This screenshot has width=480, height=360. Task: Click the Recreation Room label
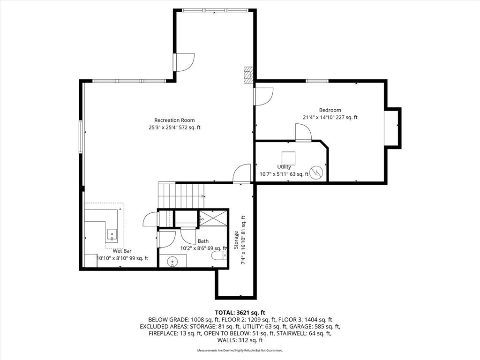[174, 120]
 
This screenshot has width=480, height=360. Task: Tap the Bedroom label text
[330, 110]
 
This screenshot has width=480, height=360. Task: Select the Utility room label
[284, 167]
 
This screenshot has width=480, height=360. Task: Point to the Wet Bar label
[122, 251]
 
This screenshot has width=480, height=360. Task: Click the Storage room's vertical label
[236, 240]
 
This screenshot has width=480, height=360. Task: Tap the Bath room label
[203, 241]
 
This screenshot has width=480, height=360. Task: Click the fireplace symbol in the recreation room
[248, 75]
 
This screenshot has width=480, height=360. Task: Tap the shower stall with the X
[213, 218]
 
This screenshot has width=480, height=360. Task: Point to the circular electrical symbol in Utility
[316, 172]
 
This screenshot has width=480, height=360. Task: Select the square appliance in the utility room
[288, 158]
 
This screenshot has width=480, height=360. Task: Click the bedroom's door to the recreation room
[263, 97]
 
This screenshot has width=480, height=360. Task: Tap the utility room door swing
[303, 132]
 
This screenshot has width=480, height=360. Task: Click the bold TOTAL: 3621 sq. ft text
[240, 313]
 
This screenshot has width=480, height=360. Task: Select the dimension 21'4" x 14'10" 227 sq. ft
[330, 117]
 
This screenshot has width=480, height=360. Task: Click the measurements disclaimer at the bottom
[240, 350]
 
